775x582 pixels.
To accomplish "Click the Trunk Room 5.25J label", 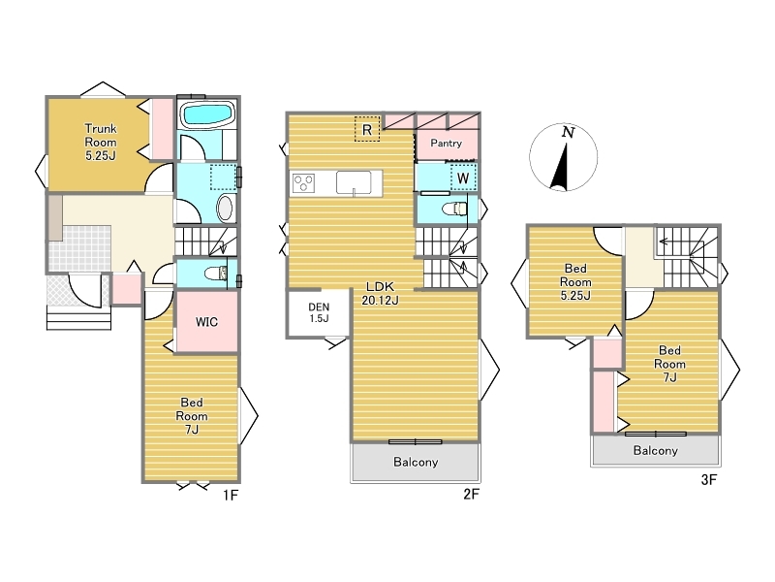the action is (x=101, y=142).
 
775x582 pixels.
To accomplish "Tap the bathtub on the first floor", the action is (x=207, y=114).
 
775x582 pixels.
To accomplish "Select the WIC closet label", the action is (x=206, y=322).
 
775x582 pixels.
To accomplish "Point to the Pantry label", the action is (x=446, y=143).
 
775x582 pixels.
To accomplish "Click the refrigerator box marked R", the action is (x=367, y=129).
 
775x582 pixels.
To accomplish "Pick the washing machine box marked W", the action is (x=463, y=178).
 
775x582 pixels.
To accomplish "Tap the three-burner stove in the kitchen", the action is (x=303, y=183).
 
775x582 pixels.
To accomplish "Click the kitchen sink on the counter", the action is (x=354, y=182).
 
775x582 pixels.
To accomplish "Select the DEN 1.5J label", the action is (x=319, y=312).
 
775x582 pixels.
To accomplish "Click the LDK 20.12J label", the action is (x=380, y=293).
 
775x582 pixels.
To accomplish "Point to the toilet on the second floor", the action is (x=454, y=210).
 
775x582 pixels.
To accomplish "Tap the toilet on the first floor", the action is (x=216, y=274).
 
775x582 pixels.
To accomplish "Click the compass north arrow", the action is (x=561, y=166).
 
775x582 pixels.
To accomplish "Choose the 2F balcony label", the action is (x=416, y=462).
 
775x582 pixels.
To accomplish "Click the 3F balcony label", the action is (x=656, y=450).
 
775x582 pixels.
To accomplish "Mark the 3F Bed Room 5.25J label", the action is (x=575, y=282).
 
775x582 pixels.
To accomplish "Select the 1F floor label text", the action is (x=231, y=495).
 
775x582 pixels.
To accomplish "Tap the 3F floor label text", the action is (x=709, y=479).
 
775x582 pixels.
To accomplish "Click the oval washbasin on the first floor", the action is (x=225, y=209).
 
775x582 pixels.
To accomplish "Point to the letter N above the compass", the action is (x=569, y=132).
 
